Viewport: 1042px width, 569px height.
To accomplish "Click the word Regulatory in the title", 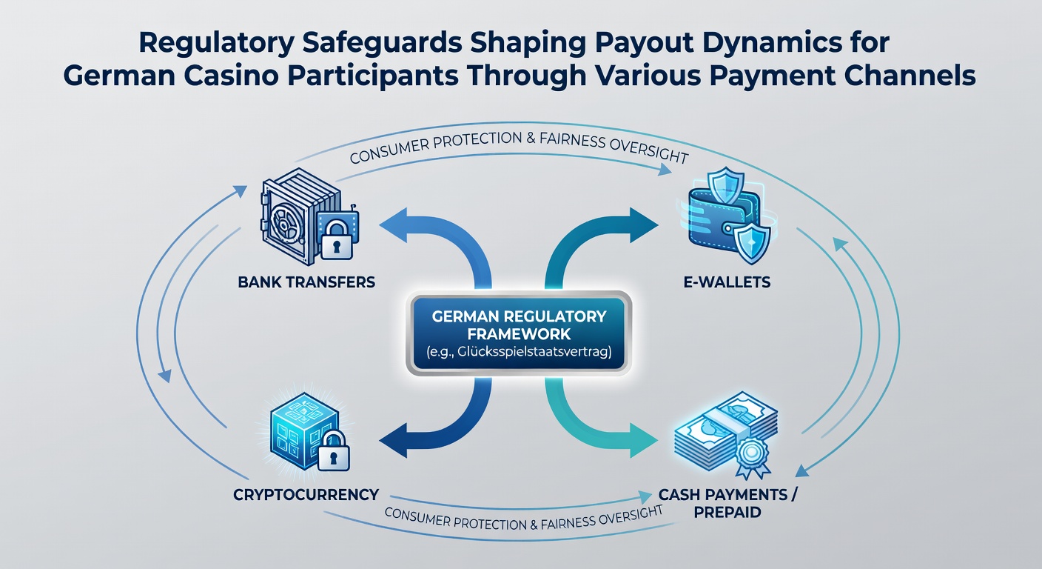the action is pos(216,43).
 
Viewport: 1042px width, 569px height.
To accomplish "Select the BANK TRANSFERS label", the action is pos(306,282).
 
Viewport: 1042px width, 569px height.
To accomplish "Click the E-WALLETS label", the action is pos(727,282).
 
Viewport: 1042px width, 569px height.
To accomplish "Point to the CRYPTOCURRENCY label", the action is pos(306,494).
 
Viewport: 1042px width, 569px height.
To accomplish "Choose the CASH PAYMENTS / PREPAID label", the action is pos(727,503).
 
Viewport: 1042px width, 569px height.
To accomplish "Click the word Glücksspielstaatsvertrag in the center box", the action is pos(534,352).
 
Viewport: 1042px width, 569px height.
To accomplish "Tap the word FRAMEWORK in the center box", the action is pos(519,334).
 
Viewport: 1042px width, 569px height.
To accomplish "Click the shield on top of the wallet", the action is pos(725,185).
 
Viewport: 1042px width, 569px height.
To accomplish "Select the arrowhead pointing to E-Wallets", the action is pos(645,225).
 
